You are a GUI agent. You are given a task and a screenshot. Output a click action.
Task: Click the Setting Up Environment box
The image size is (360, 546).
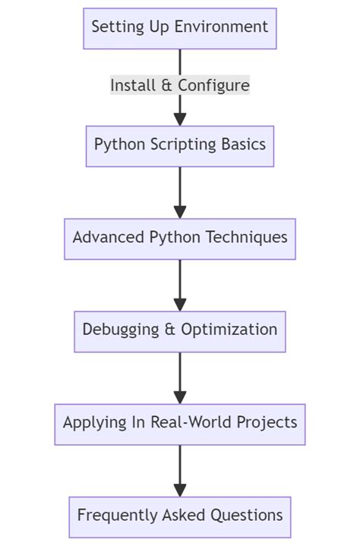pyautogui.click(x=180, y=28)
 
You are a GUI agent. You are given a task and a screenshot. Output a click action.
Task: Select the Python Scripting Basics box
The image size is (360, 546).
pyautogui.click(x=180, y=145)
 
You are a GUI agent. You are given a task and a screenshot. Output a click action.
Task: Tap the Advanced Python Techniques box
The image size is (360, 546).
pyautogui.click(x=180, y=238)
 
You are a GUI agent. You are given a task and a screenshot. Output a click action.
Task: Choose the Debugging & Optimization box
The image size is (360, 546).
pyautogui.click(x=180, y=331)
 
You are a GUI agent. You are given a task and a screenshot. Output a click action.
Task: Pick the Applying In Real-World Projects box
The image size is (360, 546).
pyautogui.click(x=180, y=424)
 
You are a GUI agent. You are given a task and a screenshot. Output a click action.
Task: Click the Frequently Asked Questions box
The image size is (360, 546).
pyautogui.click(x=180, y=516)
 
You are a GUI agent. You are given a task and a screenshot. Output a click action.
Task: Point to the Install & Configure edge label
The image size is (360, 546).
pyautogui.click(x=180, y=85)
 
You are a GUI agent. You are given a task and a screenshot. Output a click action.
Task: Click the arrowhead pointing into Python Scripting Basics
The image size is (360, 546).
pyautogui.click(x=180, y=118)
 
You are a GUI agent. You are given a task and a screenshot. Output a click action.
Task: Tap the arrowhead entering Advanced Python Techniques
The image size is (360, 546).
pyautogui.click(x=180, y=212)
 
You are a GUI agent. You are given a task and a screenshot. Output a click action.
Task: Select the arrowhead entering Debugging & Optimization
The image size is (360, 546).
pyautogui.click(x=180, y=305)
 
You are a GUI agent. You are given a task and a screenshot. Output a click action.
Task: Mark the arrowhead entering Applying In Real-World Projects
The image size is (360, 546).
pyautogui.click(x=180, y=397)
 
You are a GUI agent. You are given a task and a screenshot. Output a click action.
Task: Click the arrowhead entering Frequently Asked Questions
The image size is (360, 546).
pyautogui.click(x=180, y=490)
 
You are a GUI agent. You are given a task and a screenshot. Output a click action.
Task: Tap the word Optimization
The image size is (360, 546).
pyautogui.click(x=230, y=330)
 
